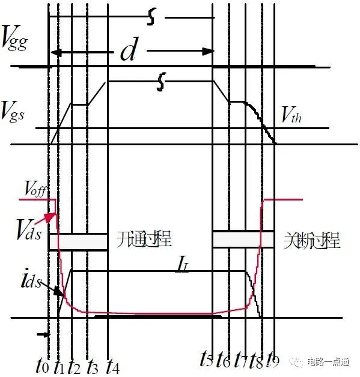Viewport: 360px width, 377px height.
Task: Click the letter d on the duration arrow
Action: click(x=128, y=52)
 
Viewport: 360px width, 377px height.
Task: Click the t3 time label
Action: click(x=93, y=363)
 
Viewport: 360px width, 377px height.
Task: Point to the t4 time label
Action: click(x=112, y=363)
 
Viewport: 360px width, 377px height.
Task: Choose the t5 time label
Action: click(x=206, y=360)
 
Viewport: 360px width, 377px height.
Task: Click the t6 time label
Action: click(x=223, y=360)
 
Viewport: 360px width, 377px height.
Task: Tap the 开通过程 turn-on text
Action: click(x=144, y=241)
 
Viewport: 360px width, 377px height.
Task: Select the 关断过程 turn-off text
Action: click(x=311, y=241)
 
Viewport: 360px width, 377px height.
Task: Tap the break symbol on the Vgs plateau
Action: click(x=160, y=81)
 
